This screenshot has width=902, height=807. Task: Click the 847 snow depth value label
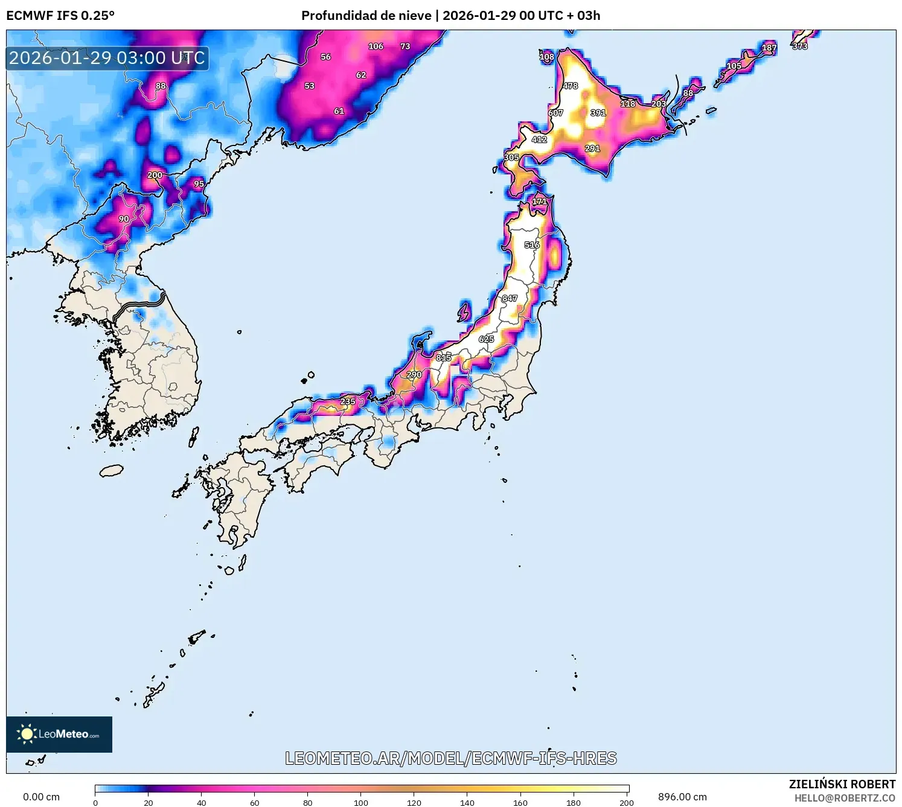point(510,298)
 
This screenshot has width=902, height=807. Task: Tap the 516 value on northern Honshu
point(532,244)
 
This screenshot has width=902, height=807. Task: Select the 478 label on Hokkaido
point(570,86)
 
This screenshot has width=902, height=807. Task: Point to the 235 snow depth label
point(348,401)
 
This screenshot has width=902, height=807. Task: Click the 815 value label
point(444,357)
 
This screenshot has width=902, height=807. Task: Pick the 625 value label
point(486,339)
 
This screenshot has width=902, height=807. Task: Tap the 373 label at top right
point(800,46)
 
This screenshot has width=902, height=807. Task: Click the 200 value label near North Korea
point(155,175)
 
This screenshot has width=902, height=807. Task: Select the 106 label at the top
point(376,46)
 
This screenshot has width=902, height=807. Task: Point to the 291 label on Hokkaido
point(592,148)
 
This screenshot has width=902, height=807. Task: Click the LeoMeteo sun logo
point(27,734)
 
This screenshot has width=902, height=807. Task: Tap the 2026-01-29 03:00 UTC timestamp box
point(107,58)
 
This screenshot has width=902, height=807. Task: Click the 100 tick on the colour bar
point(361,802)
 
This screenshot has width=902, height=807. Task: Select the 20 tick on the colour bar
point(149,802)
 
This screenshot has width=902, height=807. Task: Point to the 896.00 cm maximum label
point(682,797)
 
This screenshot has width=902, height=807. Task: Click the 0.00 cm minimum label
point(41,797)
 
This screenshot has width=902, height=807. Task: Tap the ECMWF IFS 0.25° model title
point(60,16)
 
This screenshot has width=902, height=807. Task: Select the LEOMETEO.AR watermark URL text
point(451,758)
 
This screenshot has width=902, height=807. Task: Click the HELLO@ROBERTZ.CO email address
point(845,798)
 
